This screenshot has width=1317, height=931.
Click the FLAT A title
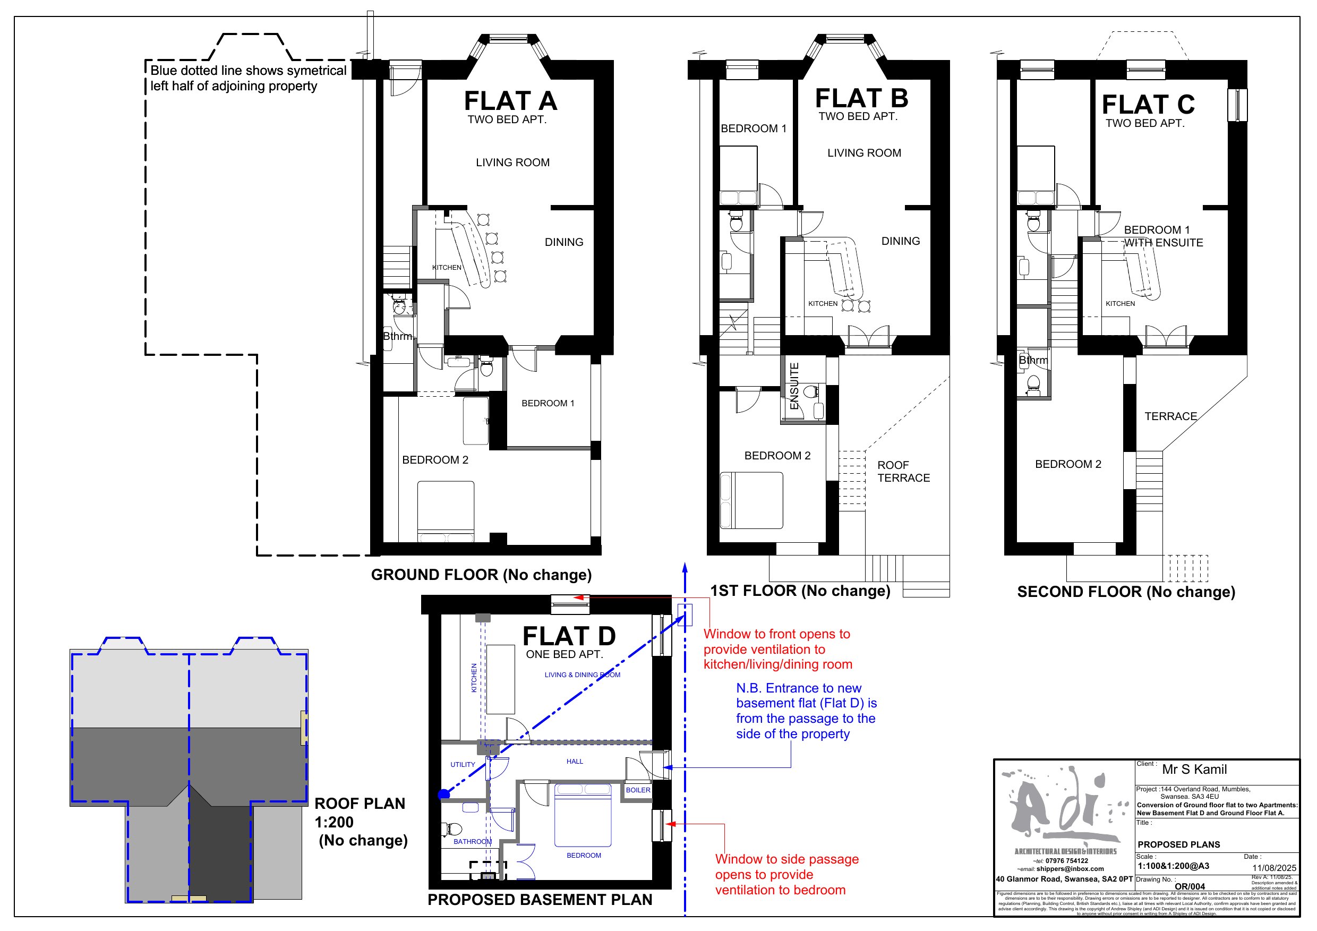(x=510, y=101)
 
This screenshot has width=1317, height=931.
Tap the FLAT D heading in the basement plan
(x=568, y=636)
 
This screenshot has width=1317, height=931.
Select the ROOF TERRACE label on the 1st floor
(x=903, y=472)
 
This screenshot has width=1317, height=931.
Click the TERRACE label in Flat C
(x=1170, y=416)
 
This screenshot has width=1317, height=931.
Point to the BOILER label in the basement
(x=638, y=790)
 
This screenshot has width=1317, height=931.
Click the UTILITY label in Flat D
(x=463, y=765)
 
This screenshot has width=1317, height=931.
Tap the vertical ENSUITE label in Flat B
(x=794, y=386)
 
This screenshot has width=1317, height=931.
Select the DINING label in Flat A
(x=564, y=242)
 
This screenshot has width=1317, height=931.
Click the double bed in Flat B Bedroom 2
(x=751, y=500)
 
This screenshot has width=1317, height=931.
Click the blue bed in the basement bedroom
(x=582, y=815)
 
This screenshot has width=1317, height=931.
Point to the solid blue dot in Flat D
(x=443, y=795)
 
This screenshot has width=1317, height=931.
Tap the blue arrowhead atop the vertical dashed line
(x=685, y=568)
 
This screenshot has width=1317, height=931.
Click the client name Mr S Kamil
(x=1194, y=770)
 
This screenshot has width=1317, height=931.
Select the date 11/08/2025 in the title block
(x=1274, y=868)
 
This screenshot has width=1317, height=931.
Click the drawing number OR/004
(x=1190, y=886)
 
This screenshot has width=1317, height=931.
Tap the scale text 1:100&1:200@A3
(x=1173, y=866)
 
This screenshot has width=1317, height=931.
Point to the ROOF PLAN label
(x=360, y=804)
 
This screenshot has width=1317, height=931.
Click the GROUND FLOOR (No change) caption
(x=481, y=575)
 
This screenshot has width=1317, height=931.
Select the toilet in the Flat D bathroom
(x=452, y=828)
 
